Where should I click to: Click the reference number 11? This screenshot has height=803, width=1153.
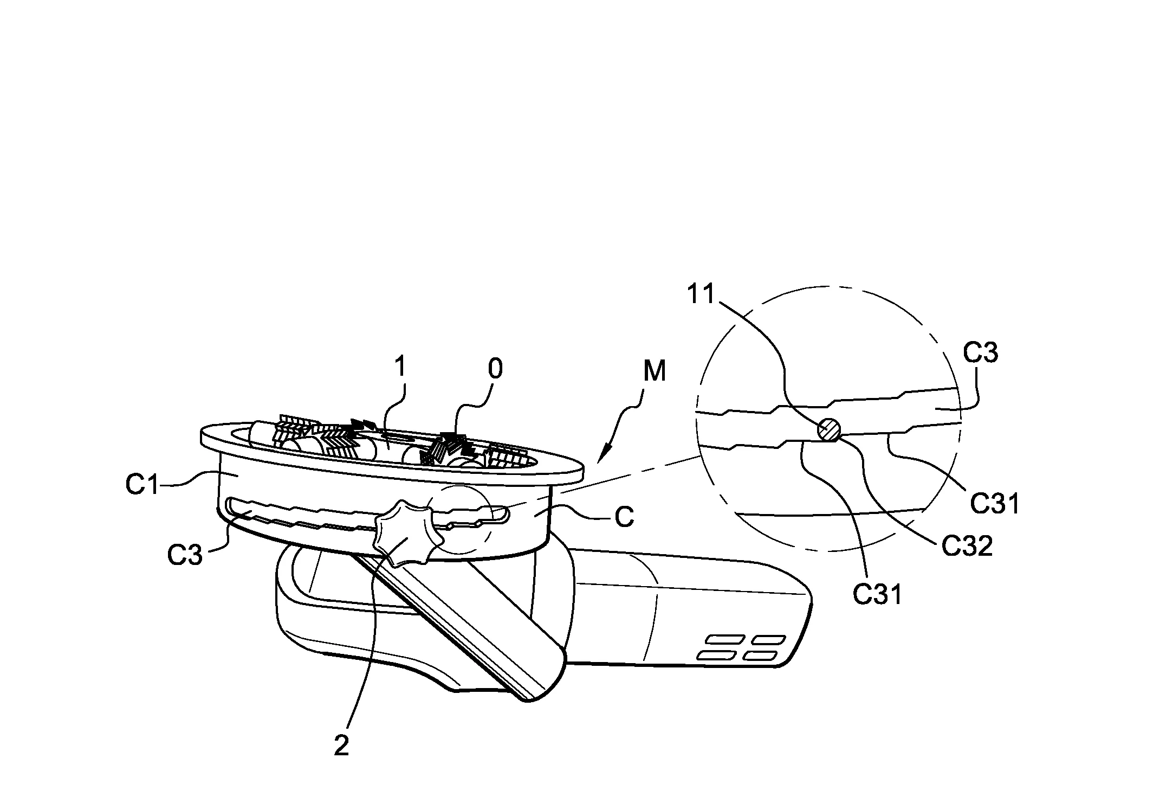point(702,295)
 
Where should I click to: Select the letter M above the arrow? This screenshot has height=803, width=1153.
point(655,372)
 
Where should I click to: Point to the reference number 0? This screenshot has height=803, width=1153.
point(495,369)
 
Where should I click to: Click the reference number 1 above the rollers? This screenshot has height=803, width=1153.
point(400,367)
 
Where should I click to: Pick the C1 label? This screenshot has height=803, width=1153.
point(142,485)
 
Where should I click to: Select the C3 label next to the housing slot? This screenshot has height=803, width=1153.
point(185,556)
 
